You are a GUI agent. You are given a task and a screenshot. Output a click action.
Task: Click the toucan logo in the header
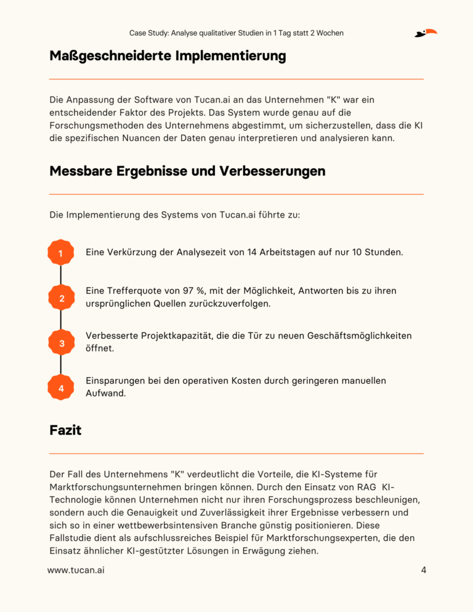tap(426, 33)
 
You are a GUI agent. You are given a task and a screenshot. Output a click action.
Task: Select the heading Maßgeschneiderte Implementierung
tap(168, 56)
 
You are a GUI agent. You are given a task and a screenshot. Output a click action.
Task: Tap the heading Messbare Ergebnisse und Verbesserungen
tap(187, 171)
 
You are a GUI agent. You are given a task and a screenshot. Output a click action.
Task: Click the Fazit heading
tap(65, 430)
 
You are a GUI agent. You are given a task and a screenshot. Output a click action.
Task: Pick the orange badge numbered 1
tap(60, 254)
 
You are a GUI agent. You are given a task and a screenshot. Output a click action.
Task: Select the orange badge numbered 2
tap(60, 299)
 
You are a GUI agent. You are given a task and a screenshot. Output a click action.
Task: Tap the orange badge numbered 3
tap(60, 344)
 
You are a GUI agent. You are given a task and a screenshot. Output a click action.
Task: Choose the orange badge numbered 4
tap(60, 389)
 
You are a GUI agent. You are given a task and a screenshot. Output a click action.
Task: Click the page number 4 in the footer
tap(424, 570)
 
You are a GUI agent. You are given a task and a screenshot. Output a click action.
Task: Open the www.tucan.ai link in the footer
tap(76, 570)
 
